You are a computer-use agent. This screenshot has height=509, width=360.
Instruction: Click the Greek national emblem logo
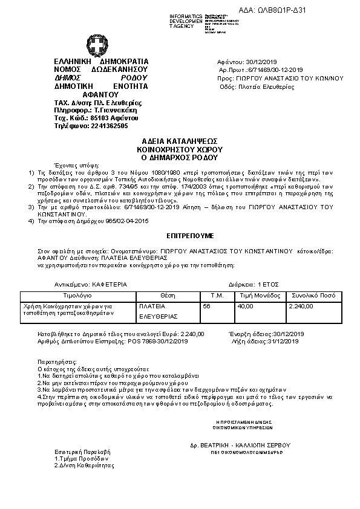tap(97, 46)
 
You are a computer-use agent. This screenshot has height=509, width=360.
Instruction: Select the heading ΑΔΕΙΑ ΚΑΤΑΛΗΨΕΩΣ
tap(180, 140)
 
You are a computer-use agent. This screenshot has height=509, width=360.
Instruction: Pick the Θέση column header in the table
tap(167, 296)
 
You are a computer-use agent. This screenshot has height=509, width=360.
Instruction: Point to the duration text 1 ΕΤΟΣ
tap(267, 283)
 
